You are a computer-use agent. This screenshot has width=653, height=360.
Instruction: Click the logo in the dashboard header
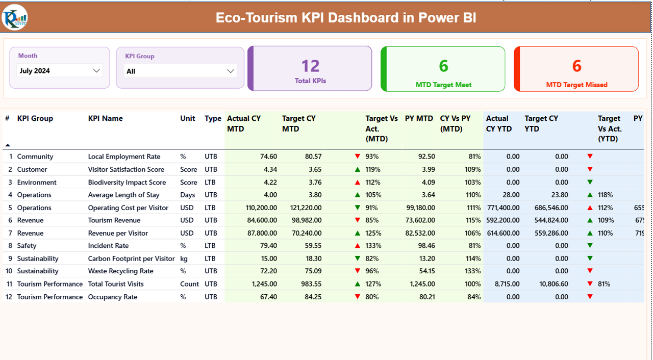pos(15,18)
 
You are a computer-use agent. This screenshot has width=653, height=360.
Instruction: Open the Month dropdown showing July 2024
pos(60,71)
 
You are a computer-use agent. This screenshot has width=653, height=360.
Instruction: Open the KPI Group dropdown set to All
pos(180,71)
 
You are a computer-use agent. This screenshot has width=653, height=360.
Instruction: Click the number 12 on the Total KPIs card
pos(310,66)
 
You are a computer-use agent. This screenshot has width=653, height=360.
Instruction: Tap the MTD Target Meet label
pos(443,85)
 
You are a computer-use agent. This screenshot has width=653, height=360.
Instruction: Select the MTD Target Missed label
pos(576,85)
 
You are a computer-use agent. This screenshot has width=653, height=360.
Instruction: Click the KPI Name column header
pos(105,118)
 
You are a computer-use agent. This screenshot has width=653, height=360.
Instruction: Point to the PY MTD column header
pos(419,118)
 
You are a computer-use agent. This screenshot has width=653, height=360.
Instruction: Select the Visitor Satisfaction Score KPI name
pos(126,169)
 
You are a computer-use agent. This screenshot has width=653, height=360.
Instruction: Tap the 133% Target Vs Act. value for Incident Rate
pos(372,246)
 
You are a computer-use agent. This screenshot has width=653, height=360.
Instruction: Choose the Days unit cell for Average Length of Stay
pos(187,195)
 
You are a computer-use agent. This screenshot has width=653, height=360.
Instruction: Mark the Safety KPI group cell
pos(27,246)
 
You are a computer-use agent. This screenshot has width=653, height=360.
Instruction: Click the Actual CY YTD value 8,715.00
pos(507,284)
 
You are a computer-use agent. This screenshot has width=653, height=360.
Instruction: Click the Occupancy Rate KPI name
pos(112,297)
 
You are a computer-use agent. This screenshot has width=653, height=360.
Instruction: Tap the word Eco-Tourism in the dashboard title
pos(256,18)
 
